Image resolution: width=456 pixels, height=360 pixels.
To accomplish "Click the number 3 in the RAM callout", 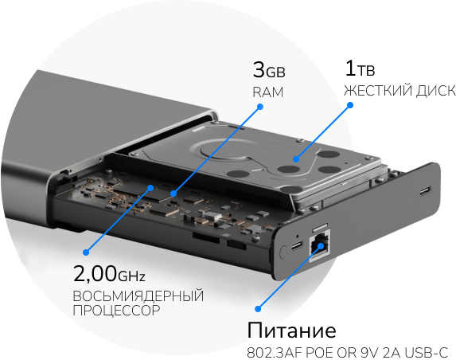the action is click(x=259, y=69).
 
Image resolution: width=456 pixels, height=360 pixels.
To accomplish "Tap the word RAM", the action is click(x=268, y=92).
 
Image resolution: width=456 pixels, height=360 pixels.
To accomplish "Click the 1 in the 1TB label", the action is click(x=350, y=68).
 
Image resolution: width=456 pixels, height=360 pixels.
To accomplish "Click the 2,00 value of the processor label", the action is click(x=95, y=273).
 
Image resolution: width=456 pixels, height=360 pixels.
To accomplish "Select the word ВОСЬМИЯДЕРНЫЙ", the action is click(x=138, y=296).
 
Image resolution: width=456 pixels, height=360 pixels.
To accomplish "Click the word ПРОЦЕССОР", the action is click(x=116, y=311).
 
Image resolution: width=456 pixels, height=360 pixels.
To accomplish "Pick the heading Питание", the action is click(x=292, y=330).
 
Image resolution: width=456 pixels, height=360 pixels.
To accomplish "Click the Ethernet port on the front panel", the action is click(x=320, y=246).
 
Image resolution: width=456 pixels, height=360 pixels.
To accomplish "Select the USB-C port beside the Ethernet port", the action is click(x=297, y=246).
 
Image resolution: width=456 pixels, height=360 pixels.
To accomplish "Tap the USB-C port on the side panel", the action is click(x=425, y=191).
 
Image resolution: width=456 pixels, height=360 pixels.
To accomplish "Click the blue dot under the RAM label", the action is click(x=260, y=107).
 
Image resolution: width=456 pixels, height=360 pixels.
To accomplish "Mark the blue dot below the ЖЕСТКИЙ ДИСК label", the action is click(x=350, y=105).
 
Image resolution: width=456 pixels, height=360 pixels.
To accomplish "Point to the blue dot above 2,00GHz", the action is click(x=86, y=252).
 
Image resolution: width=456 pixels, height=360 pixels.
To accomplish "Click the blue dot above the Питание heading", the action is click(x=258, y=309).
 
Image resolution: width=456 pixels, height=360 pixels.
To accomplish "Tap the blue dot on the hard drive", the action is click(x=296, y=159).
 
